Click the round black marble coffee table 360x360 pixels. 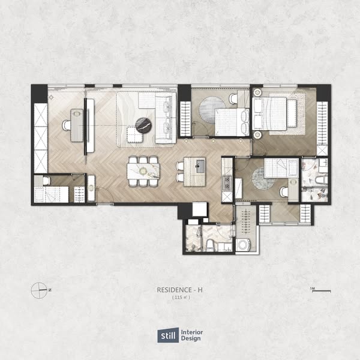[x=143, y=125]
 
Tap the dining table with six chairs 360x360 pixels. [x=143, y=171]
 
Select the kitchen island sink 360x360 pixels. [x=200, y=166]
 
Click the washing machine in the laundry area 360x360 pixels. [x=243, y=245]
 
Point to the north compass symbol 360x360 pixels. [x=39, y=290]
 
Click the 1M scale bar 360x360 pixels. [x=321, y=291]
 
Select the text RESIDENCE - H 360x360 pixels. [x=179, y=290]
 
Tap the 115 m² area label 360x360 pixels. [x=181, y=298]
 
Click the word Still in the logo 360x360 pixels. [x=168, y=336]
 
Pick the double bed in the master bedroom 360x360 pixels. [x=270, y=113]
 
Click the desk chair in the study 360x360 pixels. [x=67, y=125]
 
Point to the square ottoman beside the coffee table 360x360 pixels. [x=135, y=134]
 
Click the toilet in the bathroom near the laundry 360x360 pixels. [x=209, y=245]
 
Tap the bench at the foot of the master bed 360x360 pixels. [x=292, y=113]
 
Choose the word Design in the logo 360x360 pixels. [x=191, y=338]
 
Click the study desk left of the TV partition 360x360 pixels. [x=77, y=125]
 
